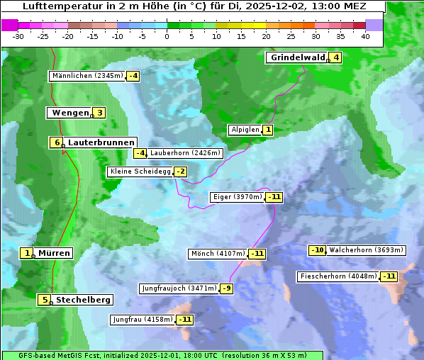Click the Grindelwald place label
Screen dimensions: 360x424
[x=297, y=57]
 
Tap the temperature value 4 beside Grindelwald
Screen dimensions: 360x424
[x=335, y=57]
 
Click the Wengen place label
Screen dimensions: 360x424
[x=70, y=113]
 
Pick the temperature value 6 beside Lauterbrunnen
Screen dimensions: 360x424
[x=57, y=142]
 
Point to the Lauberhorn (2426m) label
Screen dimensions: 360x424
[x=186, y=152]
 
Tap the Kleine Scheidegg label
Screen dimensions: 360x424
[x=140, y=171]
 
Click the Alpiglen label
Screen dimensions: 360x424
[x=245, y=130]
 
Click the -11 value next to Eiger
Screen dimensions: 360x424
[x=274, y=197]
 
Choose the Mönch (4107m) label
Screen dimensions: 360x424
[x=218, y=254]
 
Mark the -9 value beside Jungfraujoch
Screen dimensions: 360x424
[x=226, y=288]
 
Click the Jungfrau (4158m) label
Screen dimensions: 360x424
[x=143, y=320]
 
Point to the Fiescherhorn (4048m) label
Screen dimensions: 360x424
[x=338, y=276]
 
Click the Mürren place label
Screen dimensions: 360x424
[x=54, y=253]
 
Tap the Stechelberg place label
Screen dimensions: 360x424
[x=83, y=300]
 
